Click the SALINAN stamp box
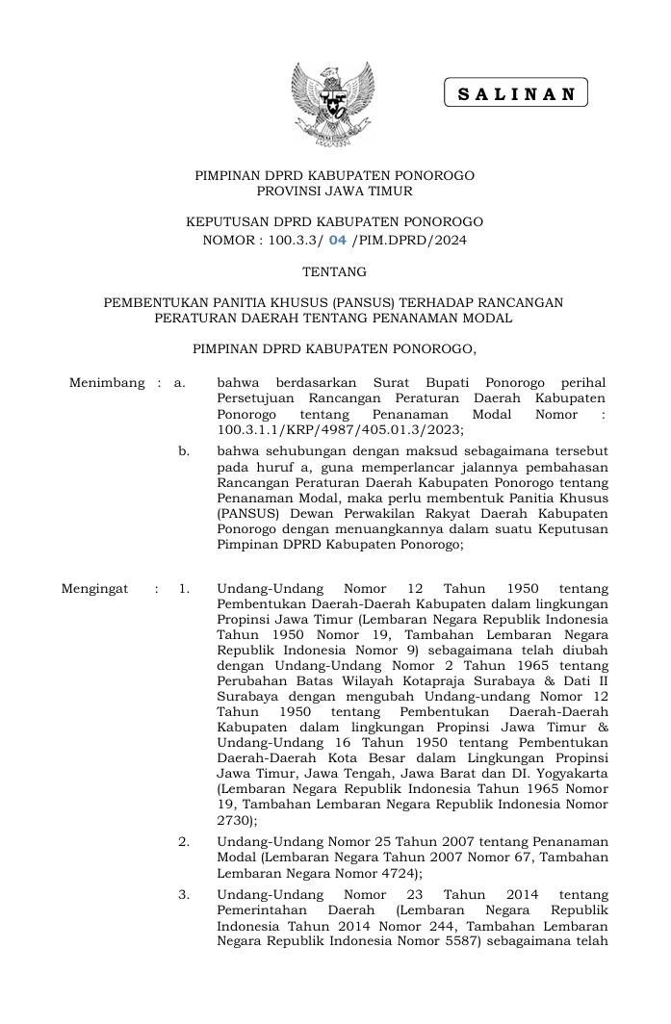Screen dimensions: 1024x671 click(515, 93)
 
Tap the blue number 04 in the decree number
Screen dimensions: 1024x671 click(337, 241)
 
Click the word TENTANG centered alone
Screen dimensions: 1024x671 click(334, 272)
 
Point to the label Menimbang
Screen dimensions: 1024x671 click(107, 383)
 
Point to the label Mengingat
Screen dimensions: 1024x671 click(94, 589)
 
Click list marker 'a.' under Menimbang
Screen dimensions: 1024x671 click(179, 383)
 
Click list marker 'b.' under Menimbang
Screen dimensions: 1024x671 click(184, 450)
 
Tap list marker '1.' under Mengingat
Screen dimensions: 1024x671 click(184, 589)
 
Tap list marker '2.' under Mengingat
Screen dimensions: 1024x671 click(184, 841)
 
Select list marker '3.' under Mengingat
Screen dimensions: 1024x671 click(184, 894)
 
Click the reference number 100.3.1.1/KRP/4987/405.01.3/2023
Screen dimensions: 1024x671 click(341, 429)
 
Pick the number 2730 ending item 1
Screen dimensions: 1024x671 click(235, 821)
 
